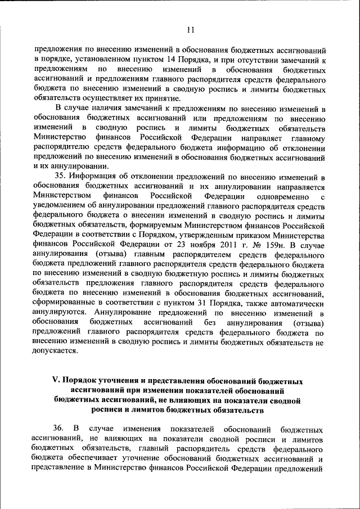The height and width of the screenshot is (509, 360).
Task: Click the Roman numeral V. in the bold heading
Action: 56,381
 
